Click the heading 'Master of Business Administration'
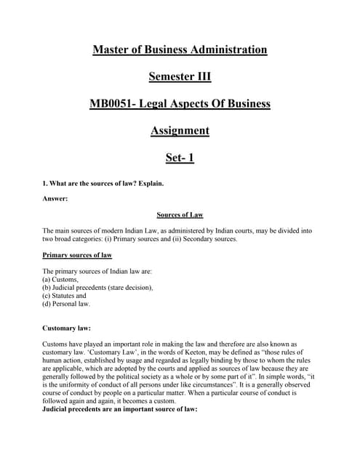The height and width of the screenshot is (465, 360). (180, 49)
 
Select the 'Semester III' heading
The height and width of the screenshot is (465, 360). (180, 76)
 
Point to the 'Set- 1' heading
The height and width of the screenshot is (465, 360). (180, 157)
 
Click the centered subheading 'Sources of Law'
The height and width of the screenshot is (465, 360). (180, 215)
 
